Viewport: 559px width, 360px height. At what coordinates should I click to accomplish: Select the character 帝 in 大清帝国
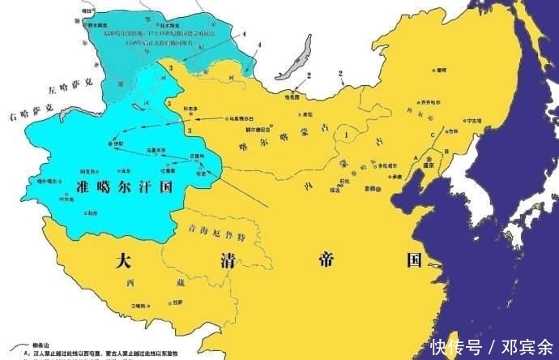[323, 260]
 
